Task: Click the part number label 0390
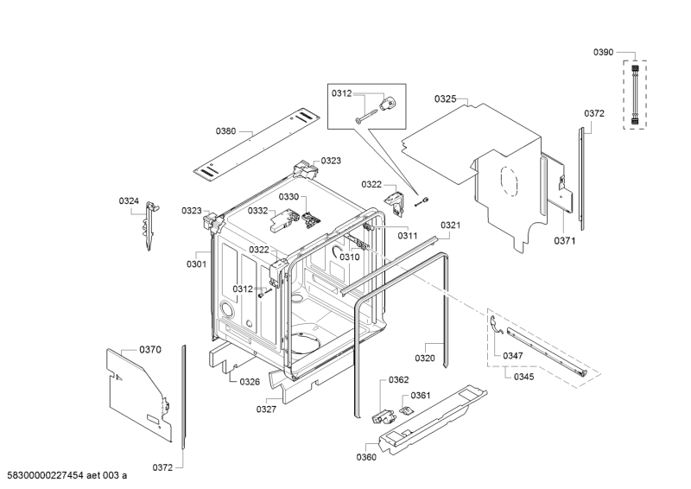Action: point(603,53)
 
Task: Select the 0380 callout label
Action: point(225,130)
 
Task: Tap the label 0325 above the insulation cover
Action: point(445,99)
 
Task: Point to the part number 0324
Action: point(129,201)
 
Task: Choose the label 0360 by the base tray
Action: point(366,457)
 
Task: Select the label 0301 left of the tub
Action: point(196,264)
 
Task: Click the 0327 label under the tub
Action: point(266,410)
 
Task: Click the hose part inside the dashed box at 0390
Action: point(637,93)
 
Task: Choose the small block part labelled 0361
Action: point(403,409)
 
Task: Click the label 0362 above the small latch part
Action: point(398,379)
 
